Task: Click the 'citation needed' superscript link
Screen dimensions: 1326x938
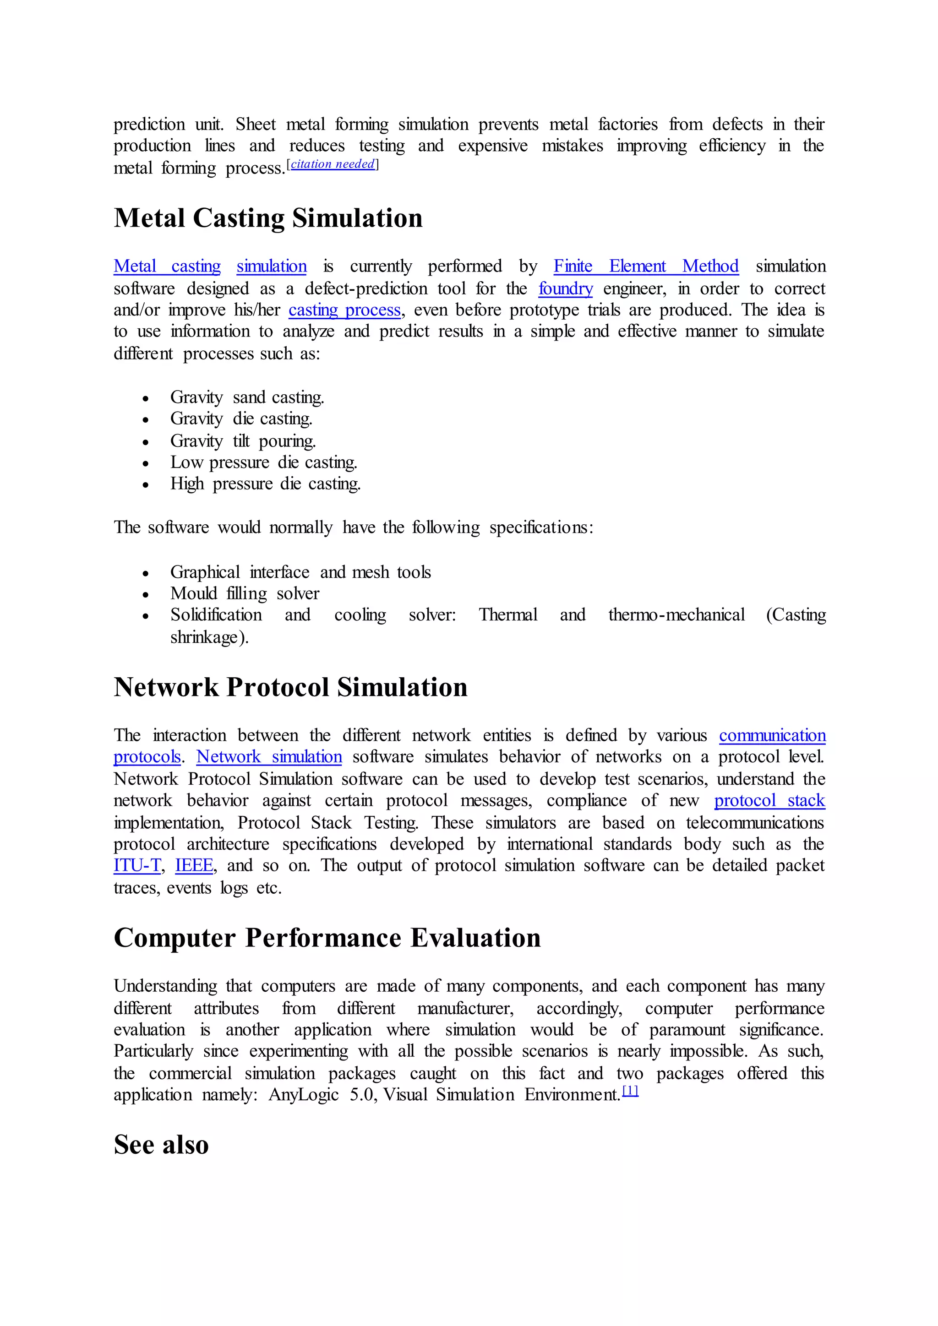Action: (x=333, y=164)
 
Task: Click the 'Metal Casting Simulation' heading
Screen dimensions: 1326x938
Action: (x=268, y=218)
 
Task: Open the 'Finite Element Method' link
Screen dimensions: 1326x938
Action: (x=646, y=266)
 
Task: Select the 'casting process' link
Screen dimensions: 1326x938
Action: (x=344, y=310)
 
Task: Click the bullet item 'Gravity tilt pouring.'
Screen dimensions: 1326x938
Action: (x=243, y=441)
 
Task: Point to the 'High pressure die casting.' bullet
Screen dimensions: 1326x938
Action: (x=265, y=484)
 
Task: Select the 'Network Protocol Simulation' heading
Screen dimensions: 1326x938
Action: (x=290, y=687)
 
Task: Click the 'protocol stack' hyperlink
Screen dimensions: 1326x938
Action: (x=769, y=801)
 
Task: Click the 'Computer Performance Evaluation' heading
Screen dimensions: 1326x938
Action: (x=327, y=938)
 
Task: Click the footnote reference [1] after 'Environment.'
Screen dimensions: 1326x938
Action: (x=630, y=1091)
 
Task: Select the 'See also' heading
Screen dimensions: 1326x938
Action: (x=161, y=1145)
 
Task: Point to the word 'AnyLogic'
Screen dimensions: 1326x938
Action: (x=303, y=1095)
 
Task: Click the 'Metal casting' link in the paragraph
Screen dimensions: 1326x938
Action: (x=167, y=266)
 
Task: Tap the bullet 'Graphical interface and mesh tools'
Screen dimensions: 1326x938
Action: (x=300, y=572)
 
